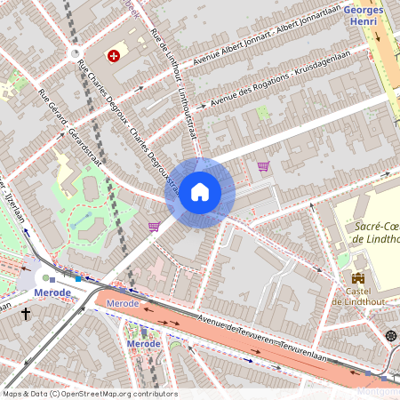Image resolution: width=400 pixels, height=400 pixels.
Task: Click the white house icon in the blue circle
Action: point(200,192)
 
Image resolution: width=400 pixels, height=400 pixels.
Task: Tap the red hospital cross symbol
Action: point(114,56)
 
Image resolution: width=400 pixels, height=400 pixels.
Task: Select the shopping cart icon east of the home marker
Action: point(263,166)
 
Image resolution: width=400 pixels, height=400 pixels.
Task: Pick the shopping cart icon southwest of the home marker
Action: point(154,227)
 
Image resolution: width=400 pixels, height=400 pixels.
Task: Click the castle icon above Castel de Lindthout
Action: point(358,278)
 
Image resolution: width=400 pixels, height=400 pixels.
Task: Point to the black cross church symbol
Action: point(26,314)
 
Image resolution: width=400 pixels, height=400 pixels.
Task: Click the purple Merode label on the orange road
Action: point(122,304)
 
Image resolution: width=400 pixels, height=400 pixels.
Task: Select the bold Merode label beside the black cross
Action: point(52,292)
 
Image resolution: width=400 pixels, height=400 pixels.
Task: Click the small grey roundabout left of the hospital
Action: point(74,54)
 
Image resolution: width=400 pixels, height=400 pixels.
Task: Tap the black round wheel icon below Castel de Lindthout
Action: point(391,335)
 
